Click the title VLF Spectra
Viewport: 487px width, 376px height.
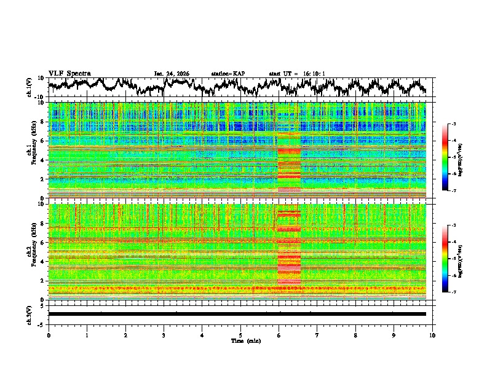click(x=69, y=73)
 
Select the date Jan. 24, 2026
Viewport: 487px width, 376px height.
click(x=172, y=74)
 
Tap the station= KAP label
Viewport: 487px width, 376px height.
click(x=228, y=74)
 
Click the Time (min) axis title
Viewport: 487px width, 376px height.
click(x=240, y=340)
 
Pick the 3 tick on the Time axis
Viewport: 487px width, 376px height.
click(x=164, y=335)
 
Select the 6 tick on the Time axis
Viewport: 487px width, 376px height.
click(x=279, y=335)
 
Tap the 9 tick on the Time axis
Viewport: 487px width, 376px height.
click(x=394, y=335)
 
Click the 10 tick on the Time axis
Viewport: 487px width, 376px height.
click(x=432, y=335)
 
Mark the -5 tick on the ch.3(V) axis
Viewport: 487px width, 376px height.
click(x=41, y=324)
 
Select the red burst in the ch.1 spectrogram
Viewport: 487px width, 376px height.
click(x=289, y=163)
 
